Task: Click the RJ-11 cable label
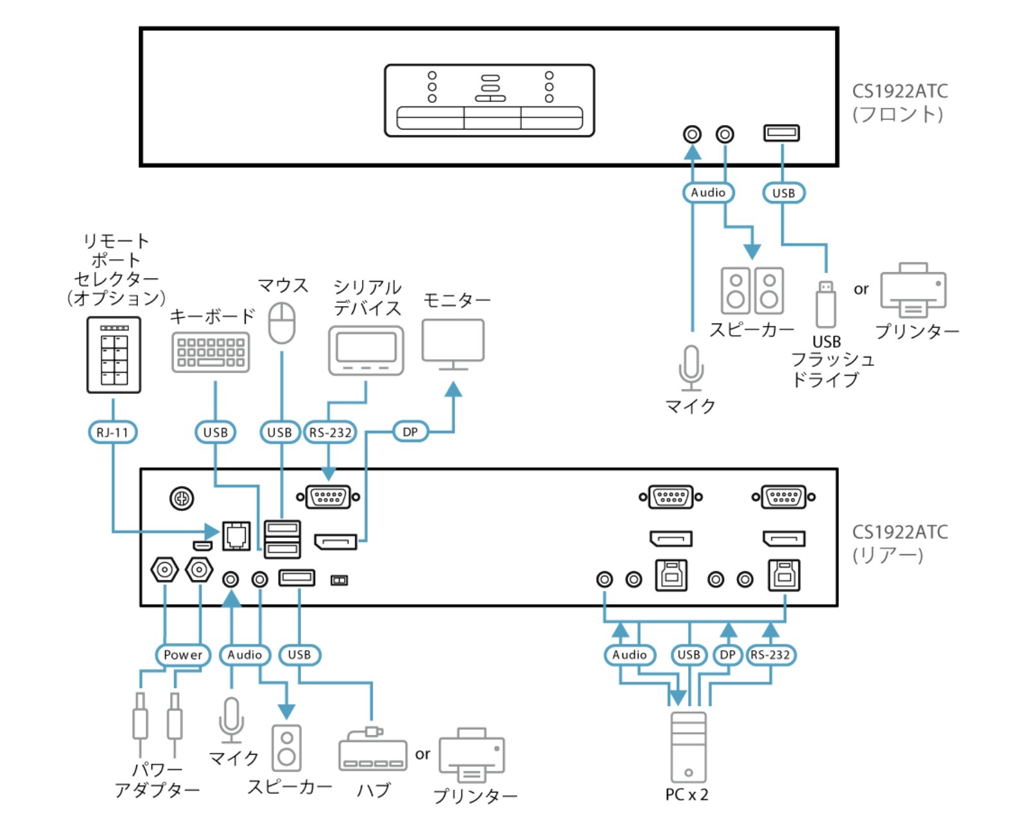[112, 432]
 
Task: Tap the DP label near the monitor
[410, 432]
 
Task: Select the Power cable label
[183, 655]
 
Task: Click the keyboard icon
[211, 352]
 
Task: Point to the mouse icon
[281, 323]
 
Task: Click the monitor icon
[453, 344]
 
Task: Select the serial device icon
[366, 350]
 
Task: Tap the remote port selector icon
[114, 354]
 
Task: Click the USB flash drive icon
[825, 304]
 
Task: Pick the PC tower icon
[688, 746]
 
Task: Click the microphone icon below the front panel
[691, 368]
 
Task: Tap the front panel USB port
[781, 133]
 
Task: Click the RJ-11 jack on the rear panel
[236, 535]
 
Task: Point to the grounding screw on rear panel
[182, 498]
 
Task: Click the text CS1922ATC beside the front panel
[900, 91]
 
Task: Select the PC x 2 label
[687, 795]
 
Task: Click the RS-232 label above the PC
[770, 655]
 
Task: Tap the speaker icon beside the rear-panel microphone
[286, 747]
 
